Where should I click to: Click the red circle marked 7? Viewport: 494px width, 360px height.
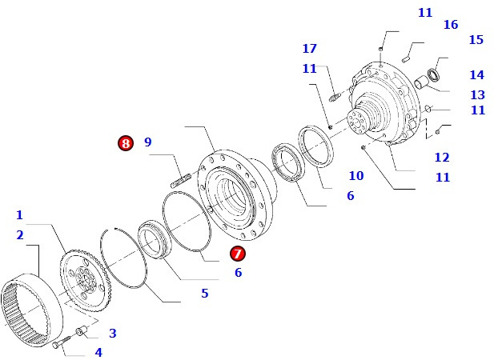coord(238,254)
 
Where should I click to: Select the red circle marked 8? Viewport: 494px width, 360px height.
coord(125,143)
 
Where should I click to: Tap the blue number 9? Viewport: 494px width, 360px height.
coord(148,142)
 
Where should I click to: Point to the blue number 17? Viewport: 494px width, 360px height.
coord(310,49)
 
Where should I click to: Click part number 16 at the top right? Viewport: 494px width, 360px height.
coord(451,25)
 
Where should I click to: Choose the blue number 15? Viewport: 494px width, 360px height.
coord(476,40)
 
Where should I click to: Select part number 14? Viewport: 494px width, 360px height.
coord(476,75)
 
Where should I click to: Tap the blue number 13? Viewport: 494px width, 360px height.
coord(477,95)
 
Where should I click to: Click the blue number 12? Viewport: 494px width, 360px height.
coord(442,158)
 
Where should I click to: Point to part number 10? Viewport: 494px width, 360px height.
coord(356,176)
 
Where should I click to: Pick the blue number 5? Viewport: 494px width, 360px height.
coord(204,294)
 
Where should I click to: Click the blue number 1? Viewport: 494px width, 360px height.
coord(19,215)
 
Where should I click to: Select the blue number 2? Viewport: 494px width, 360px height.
coord(19,234)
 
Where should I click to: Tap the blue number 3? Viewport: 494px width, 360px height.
coord(112,333)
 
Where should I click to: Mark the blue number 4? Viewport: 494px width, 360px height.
coord(98,352)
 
